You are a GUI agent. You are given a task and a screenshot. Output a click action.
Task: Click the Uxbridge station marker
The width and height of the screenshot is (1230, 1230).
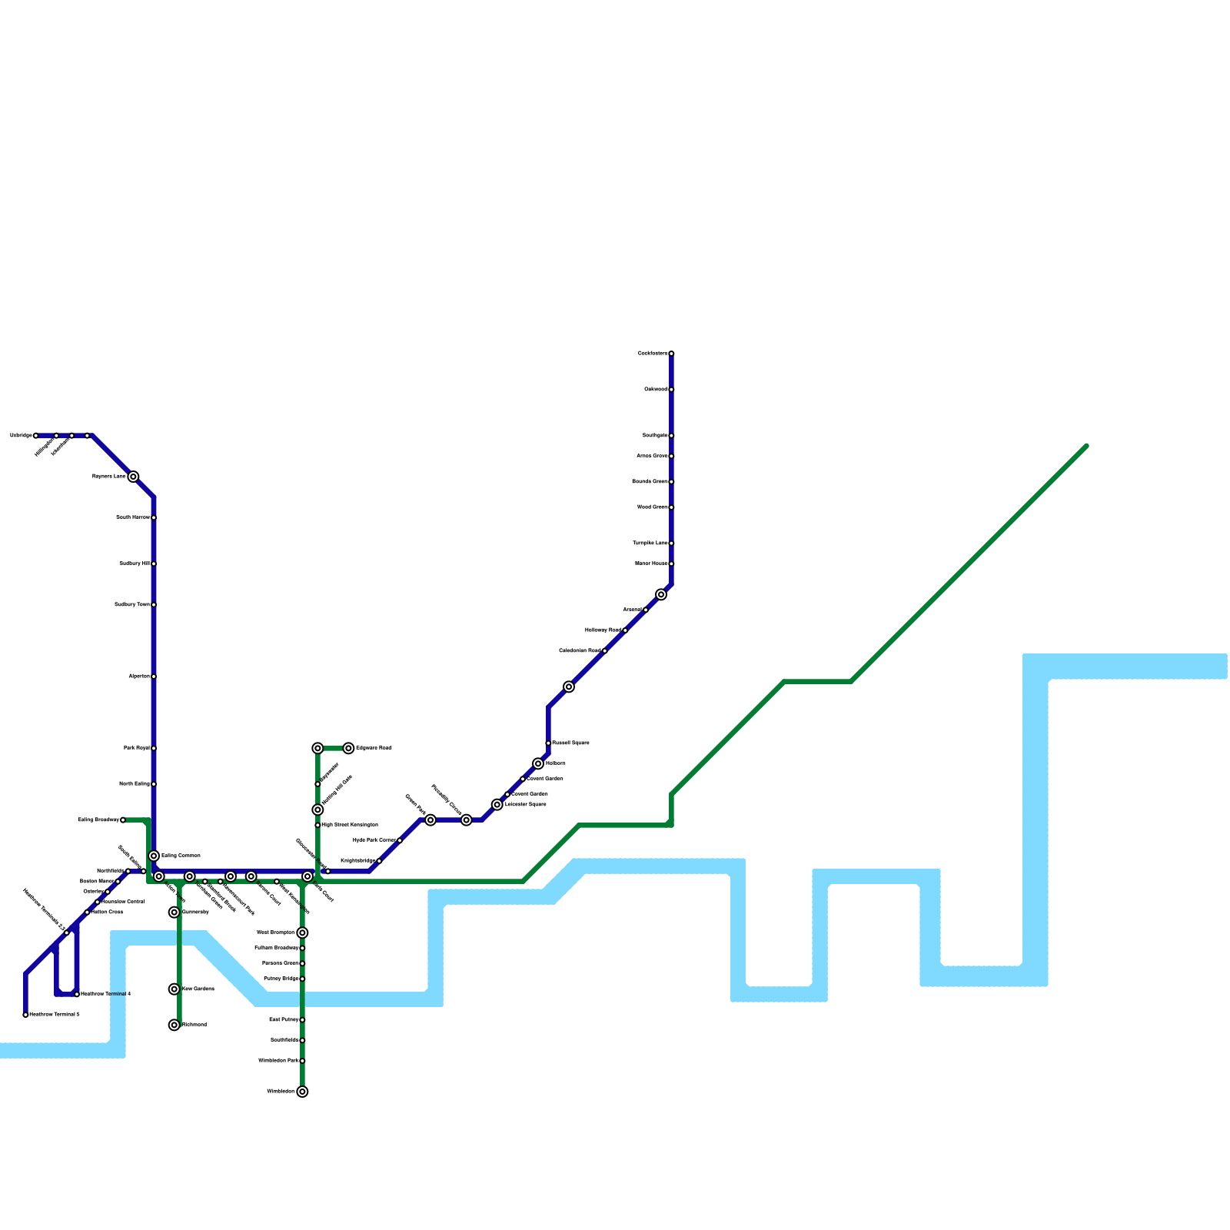click(35, 436)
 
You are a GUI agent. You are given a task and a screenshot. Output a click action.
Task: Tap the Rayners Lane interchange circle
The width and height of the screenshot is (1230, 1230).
click(133, 477)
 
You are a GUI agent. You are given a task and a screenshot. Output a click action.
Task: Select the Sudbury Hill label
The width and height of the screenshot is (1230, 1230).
click(135, 563)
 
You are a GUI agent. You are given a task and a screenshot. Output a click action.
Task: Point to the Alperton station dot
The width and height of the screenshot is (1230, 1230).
click(154, 676)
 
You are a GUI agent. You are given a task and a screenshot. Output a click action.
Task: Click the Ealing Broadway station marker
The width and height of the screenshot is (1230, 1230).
click(123, 820)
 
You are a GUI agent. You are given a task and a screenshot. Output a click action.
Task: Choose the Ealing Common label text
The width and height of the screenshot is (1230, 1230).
click(181, 856)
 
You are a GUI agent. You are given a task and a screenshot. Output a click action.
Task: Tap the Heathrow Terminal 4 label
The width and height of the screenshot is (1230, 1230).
click(105, 994)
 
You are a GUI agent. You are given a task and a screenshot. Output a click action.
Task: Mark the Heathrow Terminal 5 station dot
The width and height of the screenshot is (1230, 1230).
click(25, 1015)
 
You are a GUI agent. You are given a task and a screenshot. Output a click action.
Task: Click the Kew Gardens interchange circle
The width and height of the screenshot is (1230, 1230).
click(175, 989)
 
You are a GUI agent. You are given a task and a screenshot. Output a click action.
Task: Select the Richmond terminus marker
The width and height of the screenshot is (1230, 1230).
click(175, 1025)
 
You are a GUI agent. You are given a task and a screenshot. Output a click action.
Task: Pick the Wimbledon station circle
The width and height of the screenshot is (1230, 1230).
click(303, 1092)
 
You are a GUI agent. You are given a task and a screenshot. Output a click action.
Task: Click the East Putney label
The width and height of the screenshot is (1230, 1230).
click(284, 1020)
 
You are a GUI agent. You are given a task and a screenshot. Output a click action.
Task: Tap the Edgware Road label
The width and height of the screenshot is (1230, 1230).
click(374, 748)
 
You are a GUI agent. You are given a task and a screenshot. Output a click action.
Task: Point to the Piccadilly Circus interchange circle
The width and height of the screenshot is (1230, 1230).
click(467, 820)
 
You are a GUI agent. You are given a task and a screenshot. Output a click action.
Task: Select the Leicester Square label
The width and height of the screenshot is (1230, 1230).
click(525, 805)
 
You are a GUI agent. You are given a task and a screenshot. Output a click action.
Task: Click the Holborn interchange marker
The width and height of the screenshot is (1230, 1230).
click(538, 763)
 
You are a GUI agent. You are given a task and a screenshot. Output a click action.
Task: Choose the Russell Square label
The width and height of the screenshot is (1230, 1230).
click(570, 743)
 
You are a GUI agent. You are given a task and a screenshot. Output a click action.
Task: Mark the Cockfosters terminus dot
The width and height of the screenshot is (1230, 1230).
click(671, 354)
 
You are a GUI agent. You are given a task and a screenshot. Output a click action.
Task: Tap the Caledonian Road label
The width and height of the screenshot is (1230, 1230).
click(580, 651)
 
